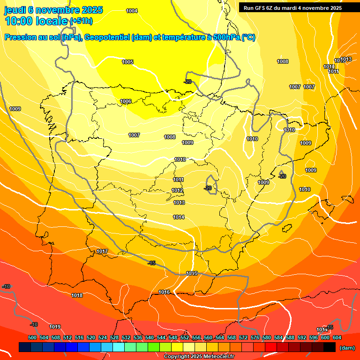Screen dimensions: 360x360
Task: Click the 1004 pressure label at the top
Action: pos(132,11)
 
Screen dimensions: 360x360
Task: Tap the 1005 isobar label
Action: pos(127,62)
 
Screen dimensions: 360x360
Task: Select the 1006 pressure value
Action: pos(126,101)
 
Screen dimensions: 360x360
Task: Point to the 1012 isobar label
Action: pos(178,190)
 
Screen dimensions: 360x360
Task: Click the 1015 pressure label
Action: pos(192,273)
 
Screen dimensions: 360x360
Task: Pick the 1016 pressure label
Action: pos(164,292)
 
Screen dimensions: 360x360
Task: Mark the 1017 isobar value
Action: pos(102,252)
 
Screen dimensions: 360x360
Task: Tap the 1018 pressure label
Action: pos(77,295)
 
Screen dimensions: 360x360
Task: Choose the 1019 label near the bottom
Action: pos(55,327)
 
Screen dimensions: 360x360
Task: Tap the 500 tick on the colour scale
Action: pos(32,337)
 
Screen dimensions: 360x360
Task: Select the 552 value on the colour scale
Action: pos(185,337)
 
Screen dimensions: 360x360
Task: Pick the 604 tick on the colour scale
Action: pos(337,337)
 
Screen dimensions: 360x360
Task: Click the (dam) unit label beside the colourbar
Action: pos(347,348)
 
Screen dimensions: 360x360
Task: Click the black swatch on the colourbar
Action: pos(330,347)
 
